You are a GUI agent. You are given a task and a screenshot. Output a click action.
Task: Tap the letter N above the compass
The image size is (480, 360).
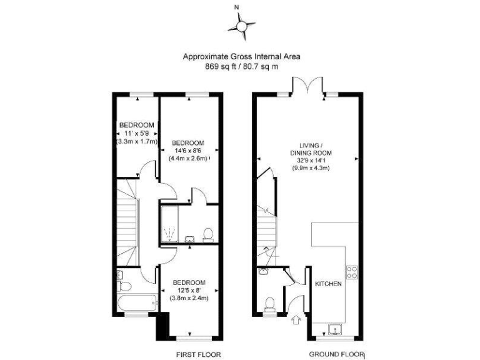[x=236, y=7]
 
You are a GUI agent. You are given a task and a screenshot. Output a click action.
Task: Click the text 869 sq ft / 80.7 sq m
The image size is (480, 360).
[x=241, y=66]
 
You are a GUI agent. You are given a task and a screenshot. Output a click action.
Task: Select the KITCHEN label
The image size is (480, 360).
[x=328, y=284]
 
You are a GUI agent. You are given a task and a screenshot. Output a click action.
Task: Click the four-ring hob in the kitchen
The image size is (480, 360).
[x=352, y=272]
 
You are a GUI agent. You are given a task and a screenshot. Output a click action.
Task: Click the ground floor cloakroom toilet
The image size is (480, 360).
[x=270, y=304]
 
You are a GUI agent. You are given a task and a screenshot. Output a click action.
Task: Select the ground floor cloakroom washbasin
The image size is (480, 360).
[x=262, y=272]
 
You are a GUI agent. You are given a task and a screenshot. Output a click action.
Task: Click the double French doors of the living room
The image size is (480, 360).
[x=307, y=87]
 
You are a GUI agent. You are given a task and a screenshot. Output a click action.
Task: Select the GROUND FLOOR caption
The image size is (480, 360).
[x=336, y=354]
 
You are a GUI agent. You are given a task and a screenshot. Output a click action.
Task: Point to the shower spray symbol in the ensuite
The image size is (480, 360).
[x=168, y=234]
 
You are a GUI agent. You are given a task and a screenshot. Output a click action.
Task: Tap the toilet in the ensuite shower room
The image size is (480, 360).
[x=208, y=234]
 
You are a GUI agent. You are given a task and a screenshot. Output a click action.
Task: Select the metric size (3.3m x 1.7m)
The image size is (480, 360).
[x=136, y=142]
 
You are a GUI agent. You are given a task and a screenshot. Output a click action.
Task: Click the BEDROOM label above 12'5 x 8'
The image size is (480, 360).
[x=189, y=282]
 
